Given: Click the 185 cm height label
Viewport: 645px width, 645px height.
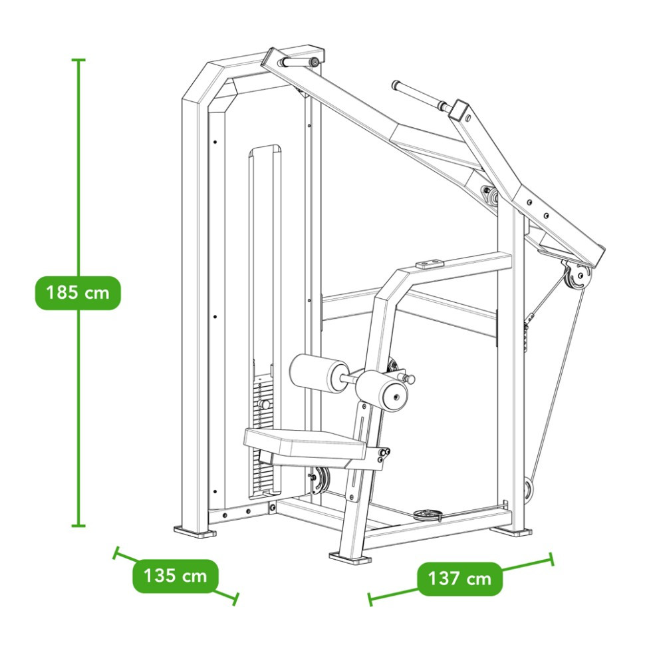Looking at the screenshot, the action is (78, 293).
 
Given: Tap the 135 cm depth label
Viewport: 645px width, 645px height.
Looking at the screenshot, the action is (176, 575).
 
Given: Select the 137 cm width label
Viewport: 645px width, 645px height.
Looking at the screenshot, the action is (460, 578).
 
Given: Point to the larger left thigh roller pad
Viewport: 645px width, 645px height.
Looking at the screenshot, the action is (319, 372).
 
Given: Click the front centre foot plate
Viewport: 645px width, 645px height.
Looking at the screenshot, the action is (350, 558).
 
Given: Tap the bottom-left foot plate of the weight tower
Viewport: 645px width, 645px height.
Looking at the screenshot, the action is (195, 531).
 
